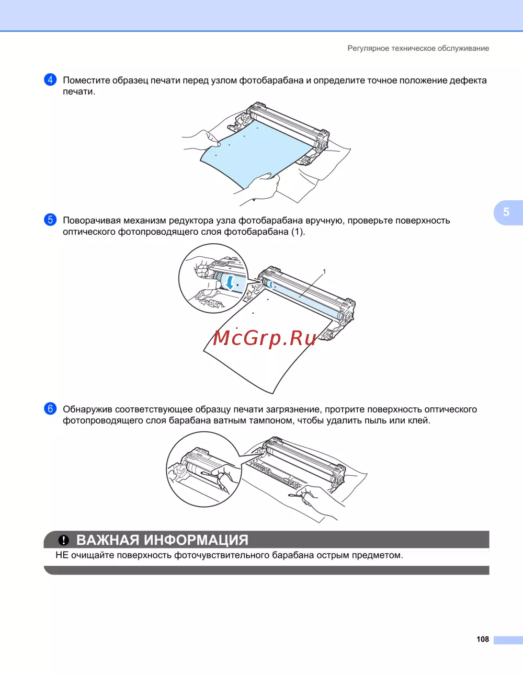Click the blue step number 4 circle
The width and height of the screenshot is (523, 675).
tap(50, 80)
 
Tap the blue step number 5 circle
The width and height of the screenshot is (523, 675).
tap(50, 220)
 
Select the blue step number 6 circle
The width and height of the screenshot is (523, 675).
tap(50, 408)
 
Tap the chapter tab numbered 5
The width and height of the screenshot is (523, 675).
tap(508, 212)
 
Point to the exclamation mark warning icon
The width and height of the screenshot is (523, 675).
tap(64, 540)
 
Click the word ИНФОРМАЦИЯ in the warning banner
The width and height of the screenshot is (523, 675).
tap(196, 540)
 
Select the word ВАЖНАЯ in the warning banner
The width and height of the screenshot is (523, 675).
tap(108, 540)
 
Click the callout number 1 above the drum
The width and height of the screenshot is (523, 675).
tap(324, 271)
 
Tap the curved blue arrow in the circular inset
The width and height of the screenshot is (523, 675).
tap(230, 282)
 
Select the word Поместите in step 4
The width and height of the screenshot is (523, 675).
tap(86, 81)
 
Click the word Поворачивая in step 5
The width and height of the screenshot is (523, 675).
tap(92, 221)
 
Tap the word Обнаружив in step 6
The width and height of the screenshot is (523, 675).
tap(87, 409)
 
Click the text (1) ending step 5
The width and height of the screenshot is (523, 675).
tap(298, 232)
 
